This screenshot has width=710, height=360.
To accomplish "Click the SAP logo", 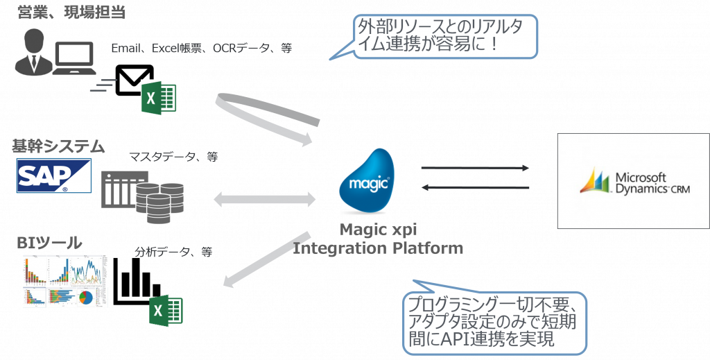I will pos(55,176).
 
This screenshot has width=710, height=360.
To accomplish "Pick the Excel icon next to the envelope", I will pos(159,97).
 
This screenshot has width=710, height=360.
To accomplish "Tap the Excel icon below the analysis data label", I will pos(166,310).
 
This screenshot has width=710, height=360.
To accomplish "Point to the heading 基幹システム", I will pos(58,146).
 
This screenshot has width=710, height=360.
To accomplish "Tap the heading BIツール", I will pos(50,243).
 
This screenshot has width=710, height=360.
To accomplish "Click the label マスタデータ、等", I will pos(173,157).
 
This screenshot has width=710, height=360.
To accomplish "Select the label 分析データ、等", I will pos(173,252).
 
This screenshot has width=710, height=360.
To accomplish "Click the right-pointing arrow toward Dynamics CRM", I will pos(475,168).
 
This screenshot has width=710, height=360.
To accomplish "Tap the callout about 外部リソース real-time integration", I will pos(447,37).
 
